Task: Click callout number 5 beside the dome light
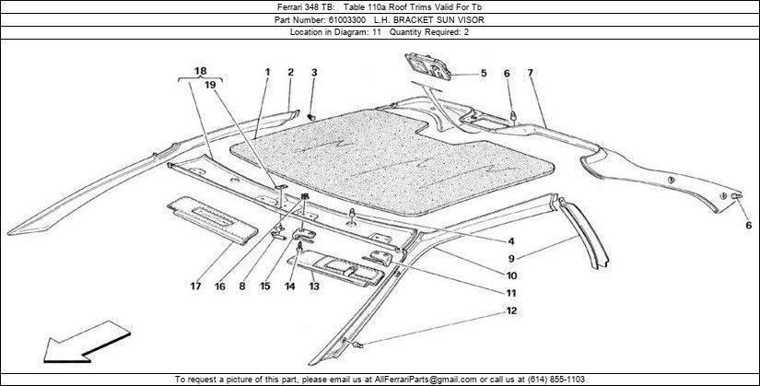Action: pos(483,73)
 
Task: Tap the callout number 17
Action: pos(195,287)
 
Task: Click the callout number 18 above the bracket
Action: pos(201,70)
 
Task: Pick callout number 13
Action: pos(313,287)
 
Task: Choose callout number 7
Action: pos(531,73)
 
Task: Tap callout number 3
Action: pos(313,72)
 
